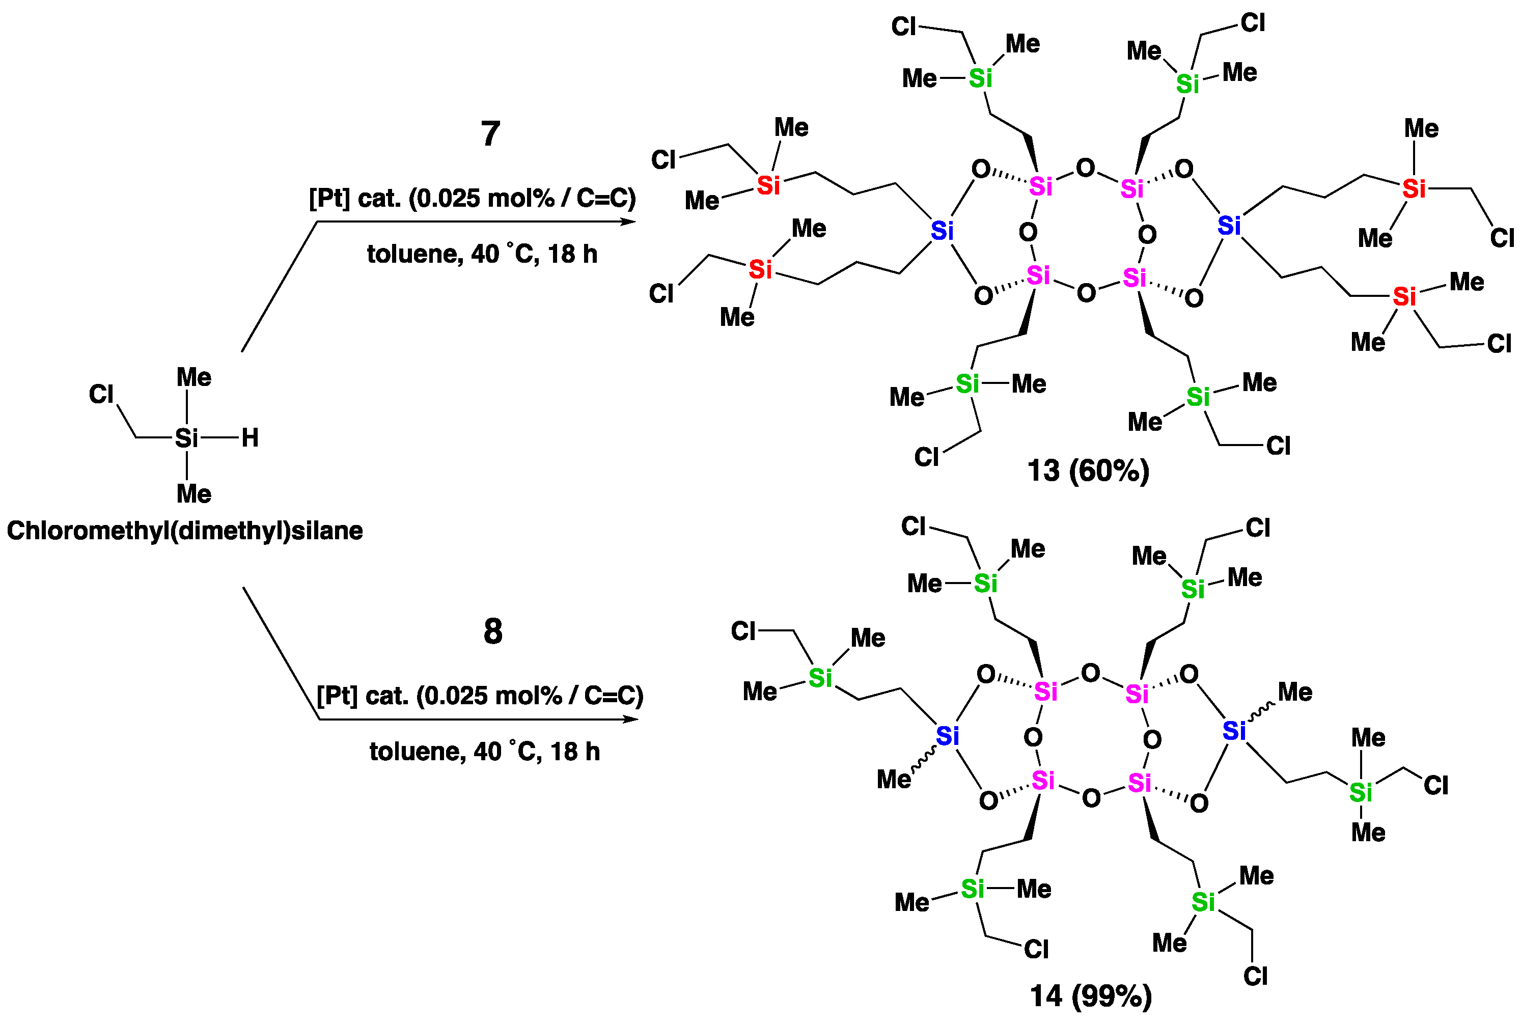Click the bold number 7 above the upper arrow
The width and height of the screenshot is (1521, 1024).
pos(490,134)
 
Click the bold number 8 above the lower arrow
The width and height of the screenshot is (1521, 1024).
pos(493,631)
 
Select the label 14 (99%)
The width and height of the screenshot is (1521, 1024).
pos(1091,996)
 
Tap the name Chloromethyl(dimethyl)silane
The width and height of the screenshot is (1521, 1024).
pos(185,530)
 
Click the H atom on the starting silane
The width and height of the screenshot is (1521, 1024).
pos(250,437)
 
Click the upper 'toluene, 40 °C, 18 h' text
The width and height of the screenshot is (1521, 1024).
pos(482,254)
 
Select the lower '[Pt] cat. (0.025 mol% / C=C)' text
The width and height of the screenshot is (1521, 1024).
pos(480,696)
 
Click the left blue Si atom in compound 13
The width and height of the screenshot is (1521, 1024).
pos(942,231)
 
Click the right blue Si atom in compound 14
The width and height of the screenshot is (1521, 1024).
pos(1234,730)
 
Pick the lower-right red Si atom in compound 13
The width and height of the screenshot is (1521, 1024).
pos(1404,296)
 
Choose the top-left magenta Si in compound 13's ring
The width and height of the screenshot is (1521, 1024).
pos(1040,187)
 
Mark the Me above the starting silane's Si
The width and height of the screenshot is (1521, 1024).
pos(194,377)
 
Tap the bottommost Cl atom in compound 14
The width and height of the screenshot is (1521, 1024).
pos(1255,976)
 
